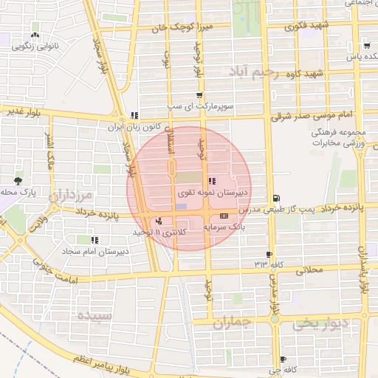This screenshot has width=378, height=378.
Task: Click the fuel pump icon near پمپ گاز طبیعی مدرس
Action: [276, 198]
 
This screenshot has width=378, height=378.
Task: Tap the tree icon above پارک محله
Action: [18, 179]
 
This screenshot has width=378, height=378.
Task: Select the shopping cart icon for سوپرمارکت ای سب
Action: [199, 95]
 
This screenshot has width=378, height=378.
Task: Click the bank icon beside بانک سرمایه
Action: [224, 215]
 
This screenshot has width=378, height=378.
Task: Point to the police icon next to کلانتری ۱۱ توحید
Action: [159, 221]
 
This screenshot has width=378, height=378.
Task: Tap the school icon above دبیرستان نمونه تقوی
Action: [212, 181]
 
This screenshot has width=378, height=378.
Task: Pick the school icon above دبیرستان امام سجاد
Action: [94, 240]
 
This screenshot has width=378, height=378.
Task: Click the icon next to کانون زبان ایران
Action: [134, 115]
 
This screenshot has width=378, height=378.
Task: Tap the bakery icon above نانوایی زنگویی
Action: [35, 35]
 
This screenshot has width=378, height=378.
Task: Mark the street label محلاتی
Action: [309, 270]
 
